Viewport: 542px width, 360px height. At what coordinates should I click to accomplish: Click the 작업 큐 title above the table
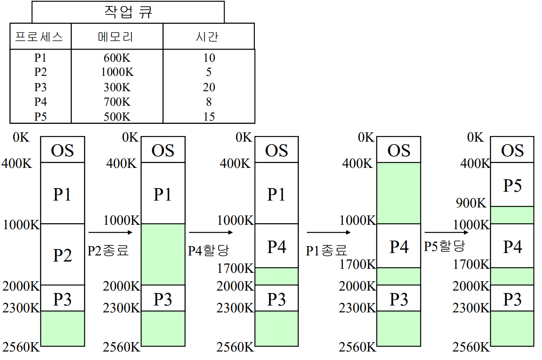pos(128,12)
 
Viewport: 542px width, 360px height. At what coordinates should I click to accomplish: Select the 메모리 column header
pos(117,37)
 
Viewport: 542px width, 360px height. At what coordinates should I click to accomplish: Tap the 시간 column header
pos(208,37)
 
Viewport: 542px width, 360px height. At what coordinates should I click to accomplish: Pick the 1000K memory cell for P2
pos(117,72)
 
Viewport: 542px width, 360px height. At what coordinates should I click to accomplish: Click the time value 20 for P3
pos(209,87)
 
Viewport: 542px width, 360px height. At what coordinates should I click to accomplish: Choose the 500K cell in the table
pos(117,117)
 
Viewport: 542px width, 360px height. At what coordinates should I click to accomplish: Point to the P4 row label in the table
pos(40,102)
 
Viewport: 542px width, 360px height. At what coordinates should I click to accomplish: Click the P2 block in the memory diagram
pos(63,255)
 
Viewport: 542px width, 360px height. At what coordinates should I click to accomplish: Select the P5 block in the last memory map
pos(512,185)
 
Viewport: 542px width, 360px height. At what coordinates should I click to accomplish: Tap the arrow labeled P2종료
pos(110,232)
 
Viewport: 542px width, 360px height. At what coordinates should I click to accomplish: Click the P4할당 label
pos(208,251)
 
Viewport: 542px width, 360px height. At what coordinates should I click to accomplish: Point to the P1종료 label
pos(326,251)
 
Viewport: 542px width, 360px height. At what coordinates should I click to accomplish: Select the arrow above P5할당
pos(446,232)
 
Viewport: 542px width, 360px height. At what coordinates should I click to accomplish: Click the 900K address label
pos(471,203)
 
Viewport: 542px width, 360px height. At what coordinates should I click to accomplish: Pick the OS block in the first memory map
pos(63,150)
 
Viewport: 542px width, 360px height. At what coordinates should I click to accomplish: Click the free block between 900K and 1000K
pos(512,215)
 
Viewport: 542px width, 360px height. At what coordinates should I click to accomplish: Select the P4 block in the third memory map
pos(277,246)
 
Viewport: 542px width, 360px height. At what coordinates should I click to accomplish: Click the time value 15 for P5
pos(209,117)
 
